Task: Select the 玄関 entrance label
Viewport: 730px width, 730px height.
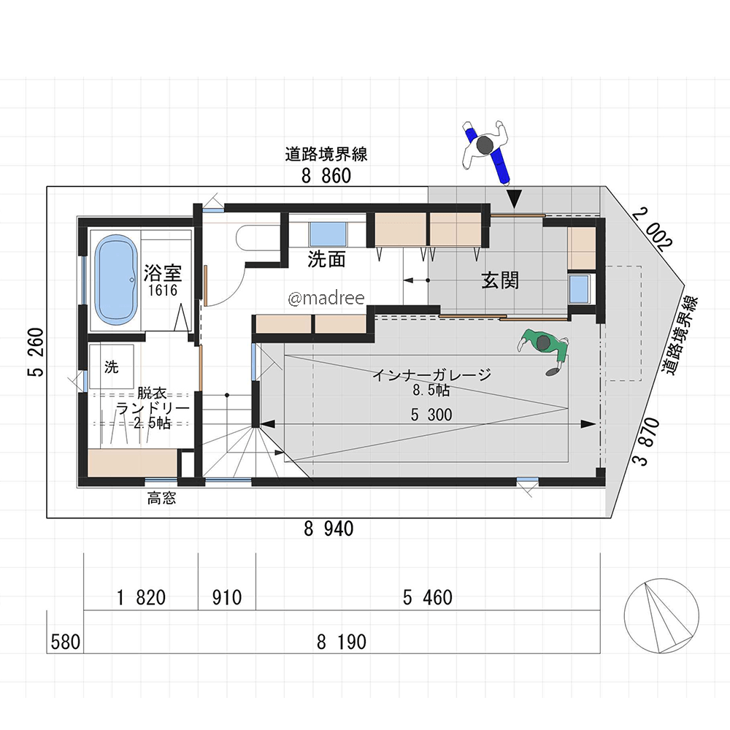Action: tap(500, 280)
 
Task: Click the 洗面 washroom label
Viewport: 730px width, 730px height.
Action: tap(326, 260)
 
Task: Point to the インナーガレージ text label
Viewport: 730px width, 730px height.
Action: tap(431, 375)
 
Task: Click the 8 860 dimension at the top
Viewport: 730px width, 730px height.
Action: tap(326, 175)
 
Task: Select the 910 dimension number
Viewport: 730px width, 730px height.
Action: tap(227, 598)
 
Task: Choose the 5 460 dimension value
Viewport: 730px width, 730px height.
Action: tap(427, 598)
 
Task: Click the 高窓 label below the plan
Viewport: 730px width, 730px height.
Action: tap(161, 499)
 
